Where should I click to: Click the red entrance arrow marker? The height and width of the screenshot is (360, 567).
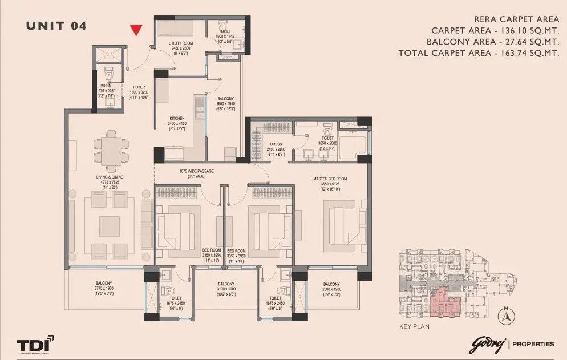click(136, 30)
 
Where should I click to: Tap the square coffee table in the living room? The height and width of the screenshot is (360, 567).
click(109, 226)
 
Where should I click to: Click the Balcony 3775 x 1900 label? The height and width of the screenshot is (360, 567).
click(104, 288)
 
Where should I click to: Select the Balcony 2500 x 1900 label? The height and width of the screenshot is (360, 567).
click(331, 288)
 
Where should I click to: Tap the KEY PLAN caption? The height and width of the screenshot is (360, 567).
click(414, 327)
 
